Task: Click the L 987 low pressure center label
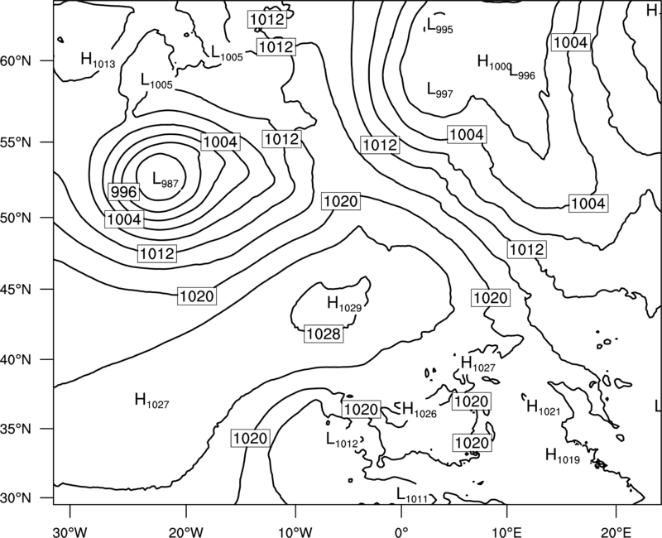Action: (165, 180)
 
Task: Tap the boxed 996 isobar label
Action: (123, 192)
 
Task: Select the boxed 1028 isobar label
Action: (324, 334)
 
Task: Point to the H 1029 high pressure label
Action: (344, 304)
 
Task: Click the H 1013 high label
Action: (98, 60)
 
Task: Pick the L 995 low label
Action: (440, 26)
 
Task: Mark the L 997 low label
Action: (440, 90)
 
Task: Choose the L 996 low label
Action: (522, 73)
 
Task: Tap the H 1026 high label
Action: (420, 410)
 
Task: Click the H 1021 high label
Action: (544, 407)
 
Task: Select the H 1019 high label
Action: (563, 456)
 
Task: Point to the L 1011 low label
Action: (412, 495)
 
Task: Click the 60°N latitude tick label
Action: (16, 60)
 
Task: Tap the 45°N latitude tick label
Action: (16, 289)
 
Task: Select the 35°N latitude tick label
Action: (16, 429)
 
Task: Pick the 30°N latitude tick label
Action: (16, 498)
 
